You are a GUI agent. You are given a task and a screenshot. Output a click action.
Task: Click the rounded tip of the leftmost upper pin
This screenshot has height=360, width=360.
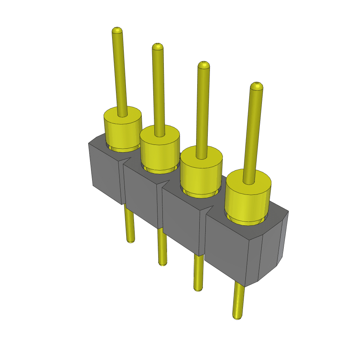[x=117, y=30]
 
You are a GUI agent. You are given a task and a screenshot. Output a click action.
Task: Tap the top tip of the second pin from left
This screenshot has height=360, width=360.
[x=157, y=46]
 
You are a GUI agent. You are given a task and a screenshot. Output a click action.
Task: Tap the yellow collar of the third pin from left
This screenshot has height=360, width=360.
[x=201, y=174]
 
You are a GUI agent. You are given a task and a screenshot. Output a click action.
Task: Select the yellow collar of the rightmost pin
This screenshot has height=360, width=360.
[x=248, y=200]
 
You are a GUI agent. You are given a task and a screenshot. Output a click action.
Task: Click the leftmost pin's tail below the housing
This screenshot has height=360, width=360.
[x=129, y=225]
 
